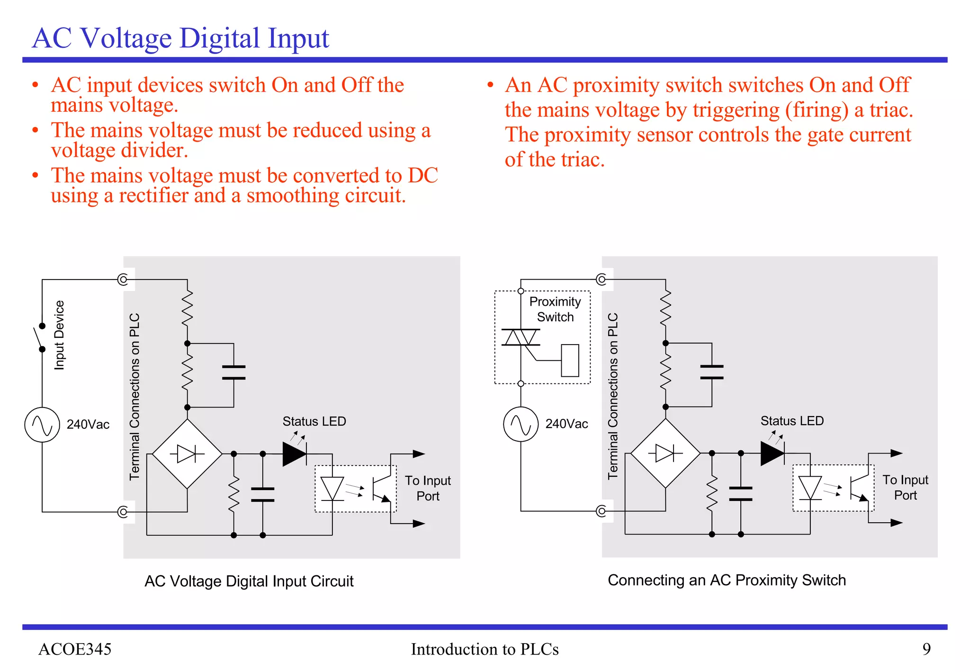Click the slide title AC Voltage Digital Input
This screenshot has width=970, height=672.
[180, 38]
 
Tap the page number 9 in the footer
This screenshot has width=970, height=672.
[926, 649]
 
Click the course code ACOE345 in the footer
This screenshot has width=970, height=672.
[75, 649]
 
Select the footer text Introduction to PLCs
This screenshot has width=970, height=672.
[485, 649]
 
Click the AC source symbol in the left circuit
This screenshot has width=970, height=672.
[42, 425]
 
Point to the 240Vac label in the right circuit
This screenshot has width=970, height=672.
[566, 424]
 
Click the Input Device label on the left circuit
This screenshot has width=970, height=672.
[59, 335]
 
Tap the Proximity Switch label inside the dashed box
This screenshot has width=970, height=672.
[555, 309]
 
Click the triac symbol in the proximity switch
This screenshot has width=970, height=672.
[521, 337]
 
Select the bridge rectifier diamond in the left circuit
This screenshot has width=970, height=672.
[188, 454]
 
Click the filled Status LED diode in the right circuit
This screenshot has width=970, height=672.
[772, 453]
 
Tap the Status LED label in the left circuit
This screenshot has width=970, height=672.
[314, 421]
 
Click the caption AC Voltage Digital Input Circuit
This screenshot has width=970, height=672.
[249, 581]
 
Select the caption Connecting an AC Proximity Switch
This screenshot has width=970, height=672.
[727, 580]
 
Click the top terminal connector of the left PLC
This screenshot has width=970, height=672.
[123, 280]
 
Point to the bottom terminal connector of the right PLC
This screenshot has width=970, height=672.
[602, 511]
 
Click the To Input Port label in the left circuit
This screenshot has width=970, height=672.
[428, 488]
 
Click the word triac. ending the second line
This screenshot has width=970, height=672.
[891, 110]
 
